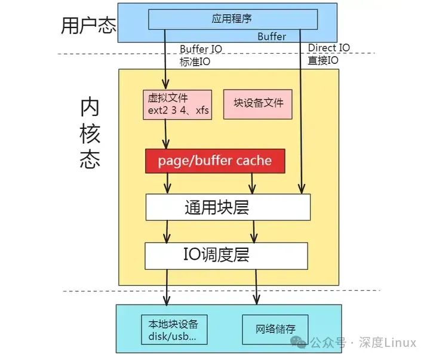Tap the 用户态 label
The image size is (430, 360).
(x=88, y=25)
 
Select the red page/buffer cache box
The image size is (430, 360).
(x=214, y=161)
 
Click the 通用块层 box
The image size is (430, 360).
(x=228, y=207)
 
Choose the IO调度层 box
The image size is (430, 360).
(x=226, y=256)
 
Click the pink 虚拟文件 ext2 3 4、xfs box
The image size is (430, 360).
(x=177, y=104)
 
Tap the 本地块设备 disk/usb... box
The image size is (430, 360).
(x=173, y=329)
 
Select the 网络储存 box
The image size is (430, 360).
(x=275, y=329)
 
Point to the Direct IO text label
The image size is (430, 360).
(x=329, y=48)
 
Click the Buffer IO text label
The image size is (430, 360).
(x=202, y=48)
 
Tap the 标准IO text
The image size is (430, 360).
(x=195, y=61)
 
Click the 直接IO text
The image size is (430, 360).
(x=323, y=60)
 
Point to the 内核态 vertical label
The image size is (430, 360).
(x=90, y=134)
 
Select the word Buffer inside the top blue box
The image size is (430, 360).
(x=272, y=36)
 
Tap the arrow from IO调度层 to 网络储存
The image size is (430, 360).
(x=257, y=287)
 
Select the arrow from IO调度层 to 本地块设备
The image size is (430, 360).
(x=168, y=287)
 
